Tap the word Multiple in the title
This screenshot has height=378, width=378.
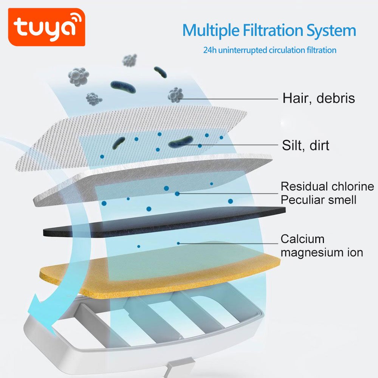(x=212, y=30)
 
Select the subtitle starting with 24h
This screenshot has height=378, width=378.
(x=270, y=50)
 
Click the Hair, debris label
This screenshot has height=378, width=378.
(x=319, y=98)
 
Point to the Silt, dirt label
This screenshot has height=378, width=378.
(x=305, y=145)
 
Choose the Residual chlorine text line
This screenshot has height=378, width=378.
(x=327, y=186)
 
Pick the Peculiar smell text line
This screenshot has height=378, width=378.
(x=318, y=199)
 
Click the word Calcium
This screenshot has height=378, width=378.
(x=302, y=239)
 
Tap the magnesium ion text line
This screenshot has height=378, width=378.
(x=322, y=252)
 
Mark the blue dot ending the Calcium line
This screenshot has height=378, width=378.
(x=178, y=243)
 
